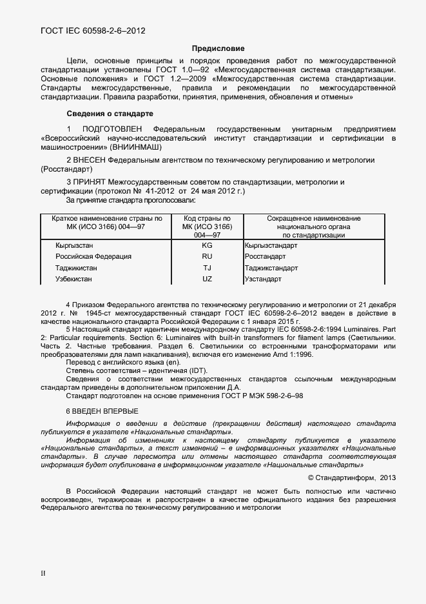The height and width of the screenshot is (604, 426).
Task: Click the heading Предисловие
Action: click(218, 48)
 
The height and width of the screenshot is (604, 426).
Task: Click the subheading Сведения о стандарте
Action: click(110, 114)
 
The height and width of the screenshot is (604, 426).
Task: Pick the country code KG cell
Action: click(207, 245)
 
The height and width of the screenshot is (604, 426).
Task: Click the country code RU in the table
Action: click(207, 256)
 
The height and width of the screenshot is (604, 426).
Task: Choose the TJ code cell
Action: click(207, 268)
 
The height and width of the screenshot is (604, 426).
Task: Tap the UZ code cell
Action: click(207, 279)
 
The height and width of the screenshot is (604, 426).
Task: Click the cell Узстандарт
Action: click(263, 279)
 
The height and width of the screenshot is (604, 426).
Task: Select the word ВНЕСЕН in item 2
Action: click(89, 159)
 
